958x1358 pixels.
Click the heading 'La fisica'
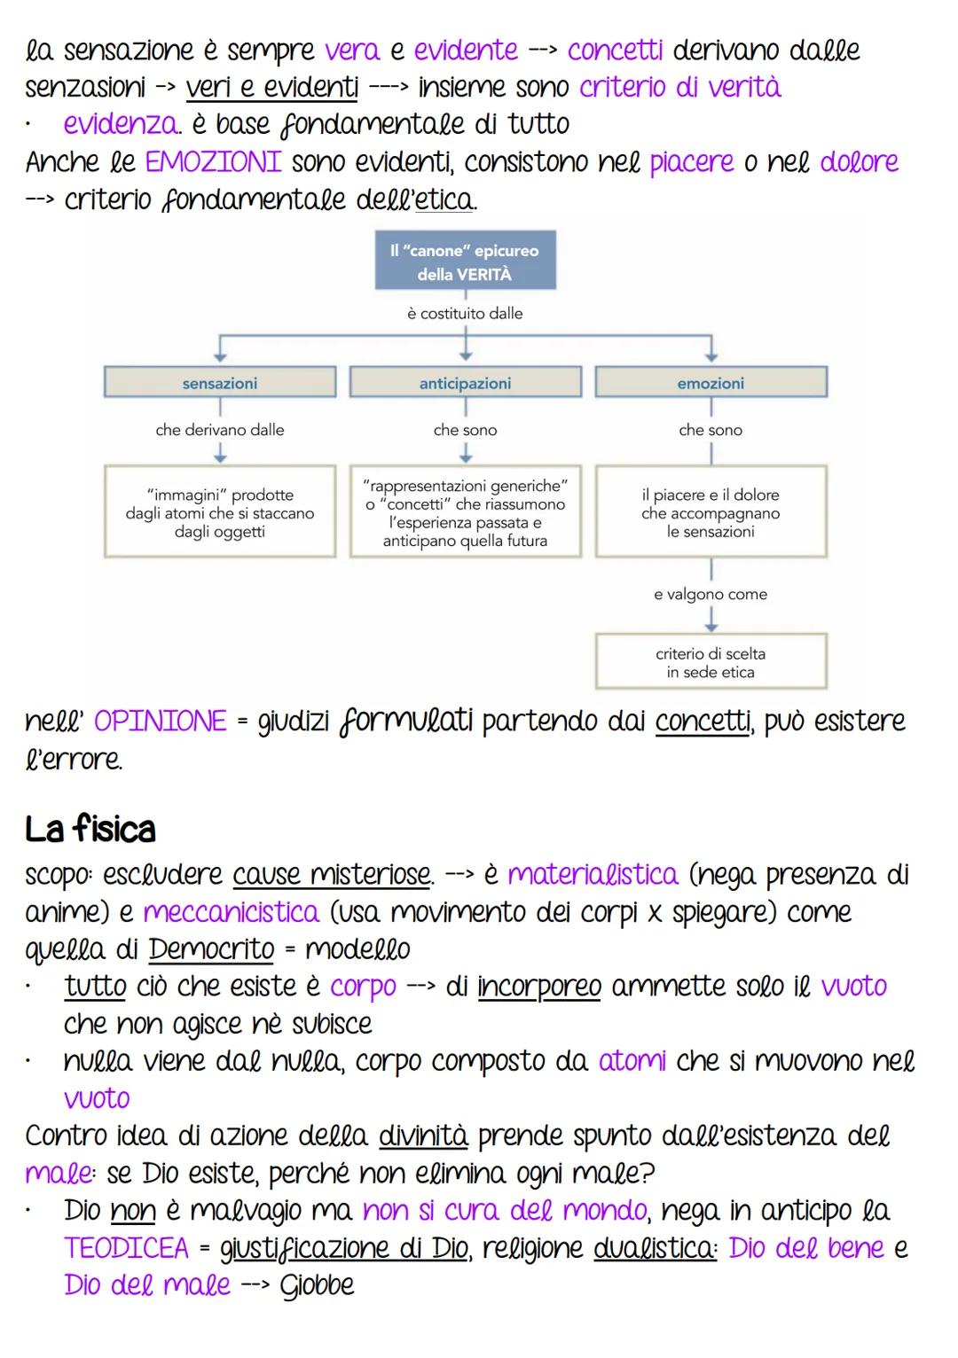pos(90,830)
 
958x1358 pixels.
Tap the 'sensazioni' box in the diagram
pos(220,383)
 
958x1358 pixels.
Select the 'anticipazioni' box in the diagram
pos(465,383)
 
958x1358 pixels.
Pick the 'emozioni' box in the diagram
pos(711,383)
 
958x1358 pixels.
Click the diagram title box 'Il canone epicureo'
pos(465,262)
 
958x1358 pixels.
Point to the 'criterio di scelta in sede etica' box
pos(711,662)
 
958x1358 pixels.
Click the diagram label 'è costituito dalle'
pos(465,313)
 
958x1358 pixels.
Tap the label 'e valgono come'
pos(711,594)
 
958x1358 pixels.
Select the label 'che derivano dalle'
pos(220,430)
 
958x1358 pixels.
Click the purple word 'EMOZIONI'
pos(213,162)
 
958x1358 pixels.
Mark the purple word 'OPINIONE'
pos(161,722)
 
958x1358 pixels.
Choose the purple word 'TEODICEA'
pos(126,1248)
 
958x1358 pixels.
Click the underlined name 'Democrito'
pos(211,949)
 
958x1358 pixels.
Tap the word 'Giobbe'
pos(317,1285)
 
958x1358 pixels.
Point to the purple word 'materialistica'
pos(593,875)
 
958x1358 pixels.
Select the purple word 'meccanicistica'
pos(231,912)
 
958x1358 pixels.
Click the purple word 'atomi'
pos(632,1061)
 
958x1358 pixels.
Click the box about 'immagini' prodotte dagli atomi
pos(220,512)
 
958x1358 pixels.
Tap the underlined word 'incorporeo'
pos(539,987)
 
